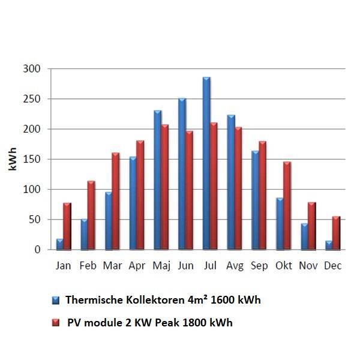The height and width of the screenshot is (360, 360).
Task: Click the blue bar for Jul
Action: pos(206,163)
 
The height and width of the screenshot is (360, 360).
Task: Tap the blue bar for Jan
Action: pos(59,244)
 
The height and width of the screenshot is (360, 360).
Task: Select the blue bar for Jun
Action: pos(182,174)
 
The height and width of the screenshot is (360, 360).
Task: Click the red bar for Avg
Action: pos(238,188)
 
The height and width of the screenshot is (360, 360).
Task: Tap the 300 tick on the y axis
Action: pos(32,69)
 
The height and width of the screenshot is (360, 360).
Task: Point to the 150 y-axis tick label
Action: pos(32,159)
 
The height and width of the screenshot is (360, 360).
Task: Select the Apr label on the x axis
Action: pos(136,266)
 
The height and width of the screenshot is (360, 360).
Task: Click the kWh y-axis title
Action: pos(11,159)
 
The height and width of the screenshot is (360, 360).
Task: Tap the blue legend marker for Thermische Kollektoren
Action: pos(56,300)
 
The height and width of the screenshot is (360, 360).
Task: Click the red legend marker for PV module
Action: pos(56,323)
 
